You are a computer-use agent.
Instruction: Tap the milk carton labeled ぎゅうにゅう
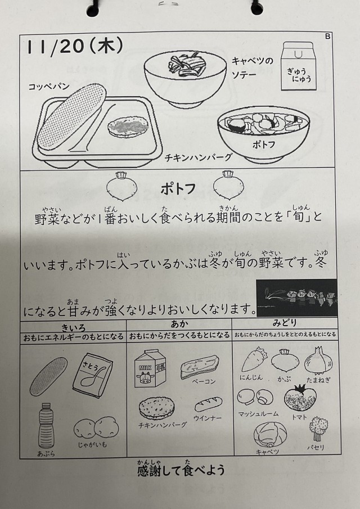(298, 66)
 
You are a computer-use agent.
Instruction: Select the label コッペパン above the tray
(49, 87)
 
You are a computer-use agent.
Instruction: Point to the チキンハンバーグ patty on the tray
(128, 127)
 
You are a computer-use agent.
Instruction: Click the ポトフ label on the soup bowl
(264, 145)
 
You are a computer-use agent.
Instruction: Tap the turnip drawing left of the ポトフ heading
(122, 186)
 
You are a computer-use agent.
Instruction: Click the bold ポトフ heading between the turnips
(178, 189)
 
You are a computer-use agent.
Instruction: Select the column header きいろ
(73, 327)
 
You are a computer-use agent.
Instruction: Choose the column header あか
(179, 324)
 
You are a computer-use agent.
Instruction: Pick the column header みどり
(285, 323)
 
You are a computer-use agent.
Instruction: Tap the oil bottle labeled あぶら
(46, 425)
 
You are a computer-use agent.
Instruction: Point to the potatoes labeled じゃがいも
(96, 427)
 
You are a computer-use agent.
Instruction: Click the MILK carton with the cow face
(150, 368)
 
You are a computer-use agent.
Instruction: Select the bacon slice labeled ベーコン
(200, 367)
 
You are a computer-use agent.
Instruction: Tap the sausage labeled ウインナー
(209, 404)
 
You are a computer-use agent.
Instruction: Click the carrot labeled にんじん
(254, 360)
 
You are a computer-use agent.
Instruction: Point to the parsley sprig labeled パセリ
(318, 428)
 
